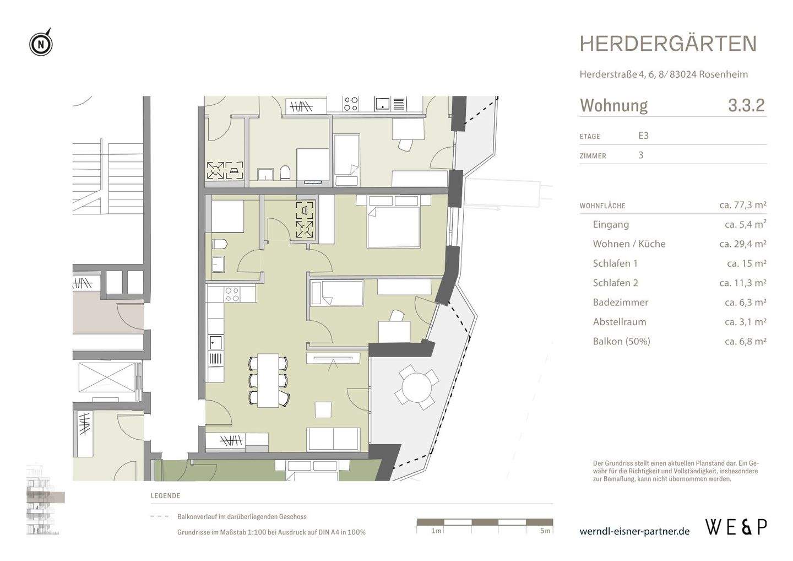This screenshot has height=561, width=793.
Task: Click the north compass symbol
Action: (x=41, y=43)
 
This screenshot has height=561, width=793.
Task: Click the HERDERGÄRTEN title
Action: (x=668, y=44)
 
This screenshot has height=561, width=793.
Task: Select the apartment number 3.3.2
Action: (x=746, y=105)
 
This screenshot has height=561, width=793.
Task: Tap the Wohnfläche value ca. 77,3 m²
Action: (x=742, y=205)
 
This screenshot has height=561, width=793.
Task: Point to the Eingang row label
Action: (x=611, y=224)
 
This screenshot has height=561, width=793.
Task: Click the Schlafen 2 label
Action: (x=615, y=283)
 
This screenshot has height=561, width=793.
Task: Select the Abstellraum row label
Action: (x=620, y=322)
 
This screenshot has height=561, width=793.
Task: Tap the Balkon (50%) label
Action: (x=621, y=341)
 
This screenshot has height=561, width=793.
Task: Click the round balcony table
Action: (x=417, y=387)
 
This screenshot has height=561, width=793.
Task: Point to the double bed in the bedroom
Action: (x=394, y=222)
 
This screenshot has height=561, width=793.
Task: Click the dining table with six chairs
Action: (x=268, y=380)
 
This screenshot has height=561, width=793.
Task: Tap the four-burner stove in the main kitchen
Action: (x=232, y=294)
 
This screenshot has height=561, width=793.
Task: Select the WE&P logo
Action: (x=736, y=527)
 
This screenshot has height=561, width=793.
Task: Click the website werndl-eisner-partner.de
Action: (x=634, y=531)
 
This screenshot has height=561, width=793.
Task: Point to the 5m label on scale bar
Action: (x=545, y=531)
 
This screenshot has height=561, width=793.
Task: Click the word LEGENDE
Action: (x=165, y=496)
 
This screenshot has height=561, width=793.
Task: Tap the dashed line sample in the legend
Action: (x=160, y=517)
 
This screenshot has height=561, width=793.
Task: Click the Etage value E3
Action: (x=644, y=136)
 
